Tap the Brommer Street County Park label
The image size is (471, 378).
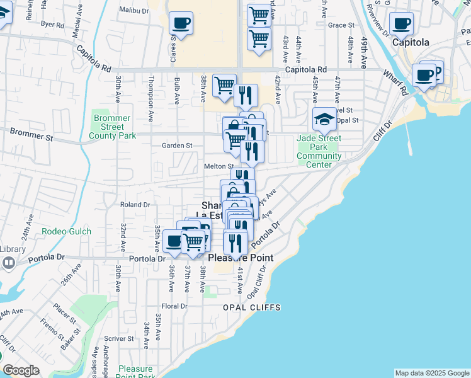[112, 127]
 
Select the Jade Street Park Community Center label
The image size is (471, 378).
[319, 152]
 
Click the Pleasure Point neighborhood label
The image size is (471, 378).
[241, 258]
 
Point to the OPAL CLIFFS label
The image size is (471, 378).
[251, 307]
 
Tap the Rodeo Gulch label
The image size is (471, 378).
[67, 232]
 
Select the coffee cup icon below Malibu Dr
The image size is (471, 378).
[181, 24]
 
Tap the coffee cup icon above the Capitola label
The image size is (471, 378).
[401, 25]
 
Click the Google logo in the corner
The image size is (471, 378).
[21, 371]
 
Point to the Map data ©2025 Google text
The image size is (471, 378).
[431, 373]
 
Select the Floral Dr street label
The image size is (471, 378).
[174, 306]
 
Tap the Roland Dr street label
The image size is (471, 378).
[135, 204]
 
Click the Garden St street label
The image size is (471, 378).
[177, 146]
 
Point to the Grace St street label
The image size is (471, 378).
[338, 25]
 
